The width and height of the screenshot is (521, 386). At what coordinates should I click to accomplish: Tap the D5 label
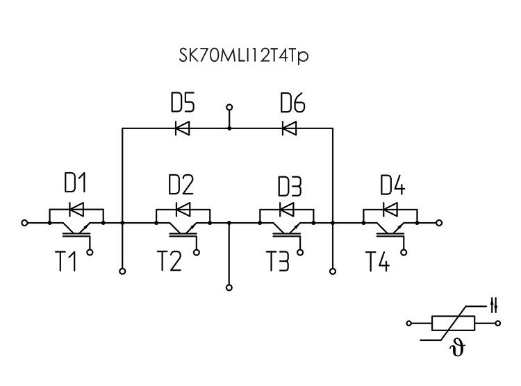pyautogui.click(x=183, y=104)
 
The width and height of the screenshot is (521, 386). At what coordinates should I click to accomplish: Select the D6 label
pyautogui.click(x=292, y=104)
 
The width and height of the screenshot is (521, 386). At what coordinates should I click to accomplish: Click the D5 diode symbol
pyautogui.click(x=182, y=128)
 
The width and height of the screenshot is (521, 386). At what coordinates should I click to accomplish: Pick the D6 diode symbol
pyautogui.click(x=289, y=128)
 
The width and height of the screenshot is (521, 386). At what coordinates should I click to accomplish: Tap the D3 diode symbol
pyautogui.click(x=286, y=209)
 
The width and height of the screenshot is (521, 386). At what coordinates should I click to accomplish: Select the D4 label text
pyautogui.click(x=393, y=185)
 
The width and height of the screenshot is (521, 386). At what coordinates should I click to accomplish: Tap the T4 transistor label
pyautogui.click(x=379, y=263)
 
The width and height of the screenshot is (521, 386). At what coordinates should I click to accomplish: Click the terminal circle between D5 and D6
pyautogui.click(x=229, y=109)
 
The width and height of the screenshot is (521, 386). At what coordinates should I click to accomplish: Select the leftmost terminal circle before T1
pyautogui.click(x=25, y=224)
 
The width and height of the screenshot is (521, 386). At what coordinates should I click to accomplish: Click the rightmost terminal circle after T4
pyautogui.click(x=439, y=224)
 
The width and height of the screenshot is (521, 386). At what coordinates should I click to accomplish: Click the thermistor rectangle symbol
pyautogui.click(x=453, y=324)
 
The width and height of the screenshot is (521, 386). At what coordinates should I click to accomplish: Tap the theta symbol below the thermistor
pyautogui.click(x=459, y=346)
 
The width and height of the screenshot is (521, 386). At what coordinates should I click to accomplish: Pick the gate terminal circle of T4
pyautogui.click(x=405, y=253)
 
